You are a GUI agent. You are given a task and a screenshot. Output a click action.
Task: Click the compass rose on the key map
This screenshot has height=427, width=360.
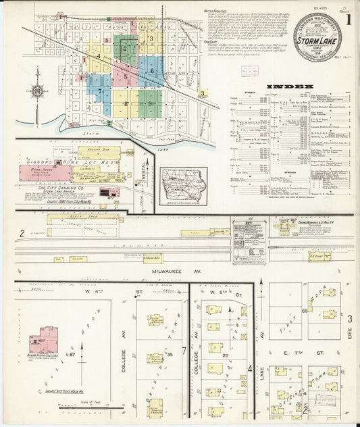(37, 91)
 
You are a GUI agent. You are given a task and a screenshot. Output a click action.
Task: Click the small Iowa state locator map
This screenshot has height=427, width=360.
(184, 184)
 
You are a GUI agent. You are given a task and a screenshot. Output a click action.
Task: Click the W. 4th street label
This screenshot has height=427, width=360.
(95, 291)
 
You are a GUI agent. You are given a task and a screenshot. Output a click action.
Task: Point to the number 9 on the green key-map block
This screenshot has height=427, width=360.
(149, 103)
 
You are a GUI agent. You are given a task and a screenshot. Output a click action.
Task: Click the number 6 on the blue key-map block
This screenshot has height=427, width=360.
(152, 70)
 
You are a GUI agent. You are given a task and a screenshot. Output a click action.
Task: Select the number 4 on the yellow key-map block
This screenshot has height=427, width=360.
(99, 57)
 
